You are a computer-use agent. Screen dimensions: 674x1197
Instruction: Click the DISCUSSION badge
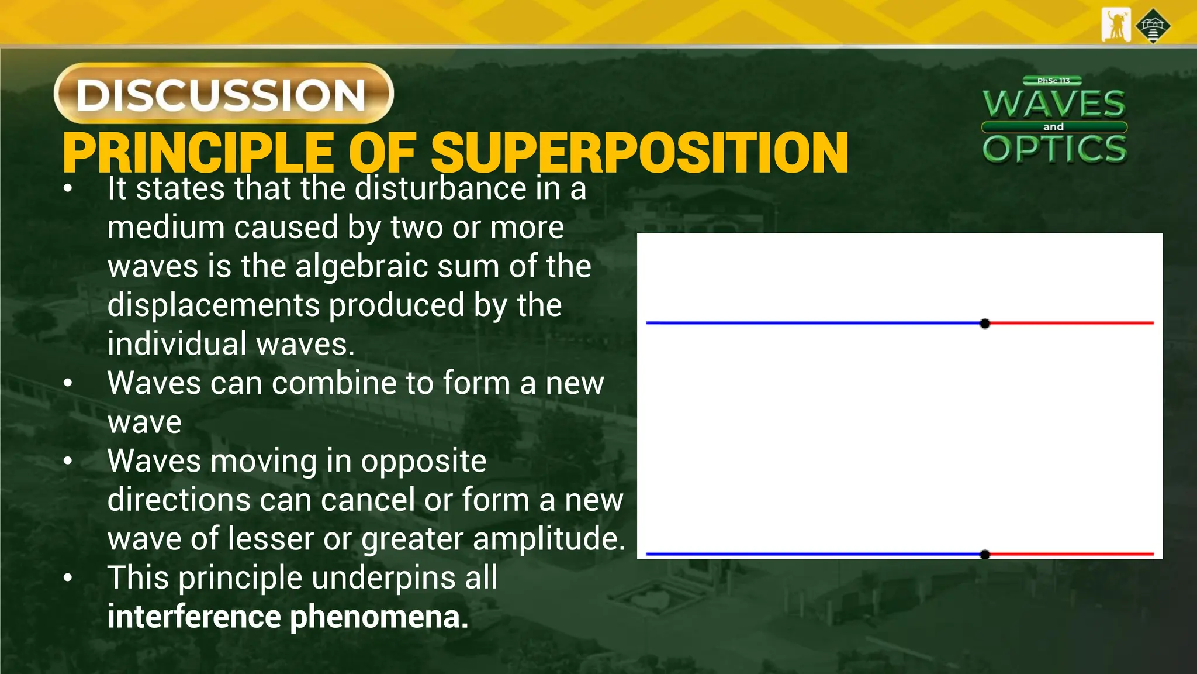pos(223,94)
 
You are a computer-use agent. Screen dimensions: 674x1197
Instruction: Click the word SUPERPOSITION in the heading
pos(639,153)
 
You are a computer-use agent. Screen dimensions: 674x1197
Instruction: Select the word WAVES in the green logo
pos(1054,104)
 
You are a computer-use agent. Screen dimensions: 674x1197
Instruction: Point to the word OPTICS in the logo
pos(1054,149)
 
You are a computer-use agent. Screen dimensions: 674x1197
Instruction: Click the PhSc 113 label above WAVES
pos(1053,81)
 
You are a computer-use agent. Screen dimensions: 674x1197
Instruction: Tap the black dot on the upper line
pos(985,324)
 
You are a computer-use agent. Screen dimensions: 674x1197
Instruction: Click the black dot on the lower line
pos(985,554)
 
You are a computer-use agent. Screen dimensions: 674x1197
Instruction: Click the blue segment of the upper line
pos(812,323)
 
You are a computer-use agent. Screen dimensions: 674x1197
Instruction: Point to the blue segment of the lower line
pos(812,553)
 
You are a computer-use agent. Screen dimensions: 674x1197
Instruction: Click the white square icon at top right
pos(1116,25)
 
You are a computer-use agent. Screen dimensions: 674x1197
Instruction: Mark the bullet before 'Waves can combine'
pos(68,383)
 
